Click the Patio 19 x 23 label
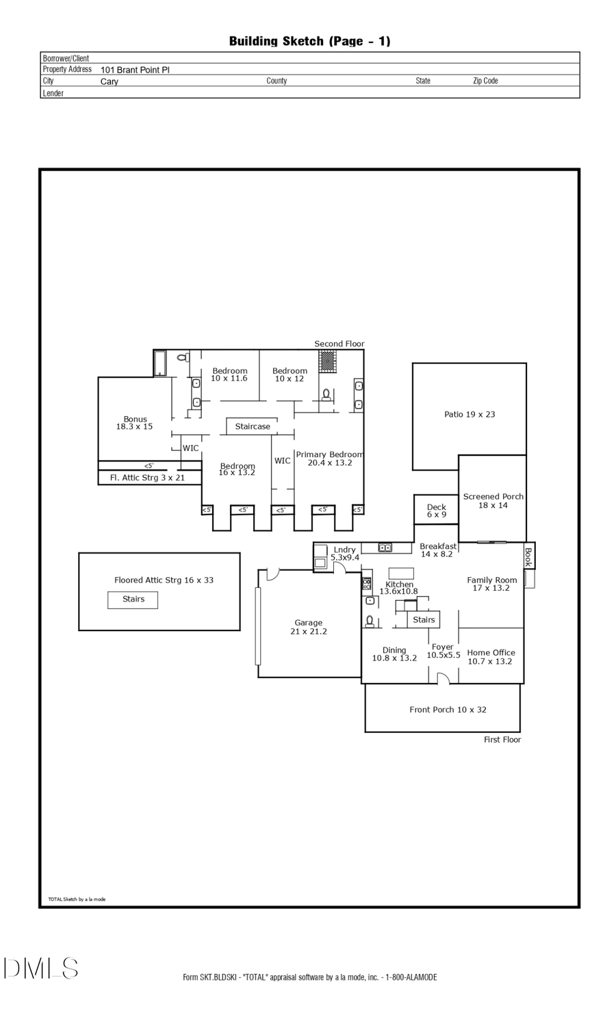point(470,414)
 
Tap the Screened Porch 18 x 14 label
point(493,501)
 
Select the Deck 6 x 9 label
point(436,511)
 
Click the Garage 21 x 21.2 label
point(309,627)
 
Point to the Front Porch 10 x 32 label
point(448,710)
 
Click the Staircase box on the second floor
point(253,426)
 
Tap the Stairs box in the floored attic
point(133,600)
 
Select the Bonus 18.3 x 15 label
point(135,423)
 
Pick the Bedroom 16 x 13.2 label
point(237,470)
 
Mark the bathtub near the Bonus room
point(159,363)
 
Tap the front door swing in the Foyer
point(443,678)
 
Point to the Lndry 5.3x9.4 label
point(344,554)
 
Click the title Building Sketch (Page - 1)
point(309,41)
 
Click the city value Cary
point(110,81)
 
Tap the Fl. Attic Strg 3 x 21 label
point(147,478)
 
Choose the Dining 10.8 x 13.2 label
point(394,654)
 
